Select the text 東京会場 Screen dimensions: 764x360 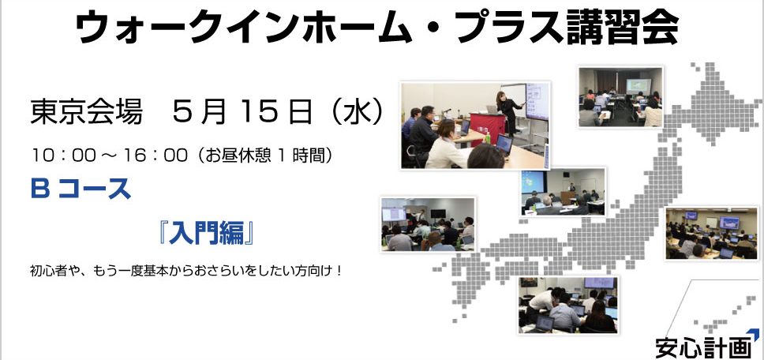(x=86, y=113)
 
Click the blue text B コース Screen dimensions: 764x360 (x=81, y=189)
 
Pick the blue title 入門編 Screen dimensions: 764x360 (x=207, y=233)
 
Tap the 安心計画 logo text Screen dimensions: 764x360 (x=703, y=348)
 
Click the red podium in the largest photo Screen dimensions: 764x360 (x=488, y=127)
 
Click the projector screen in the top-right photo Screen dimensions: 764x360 (x=639, y=86)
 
